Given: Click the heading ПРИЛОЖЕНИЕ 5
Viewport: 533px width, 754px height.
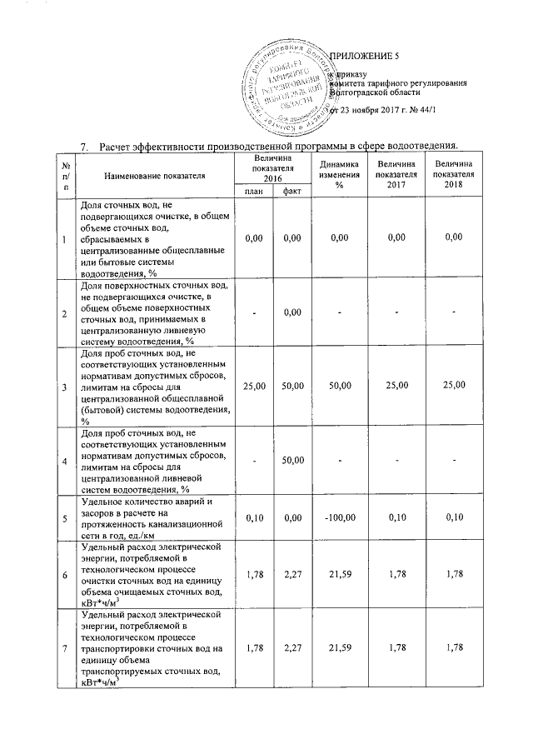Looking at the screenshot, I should click(x=366, y=56).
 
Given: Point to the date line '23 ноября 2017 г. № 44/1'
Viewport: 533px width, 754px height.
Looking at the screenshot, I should click(x=384, y=110).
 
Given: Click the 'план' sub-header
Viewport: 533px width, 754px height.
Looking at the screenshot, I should click(x=252, y=192).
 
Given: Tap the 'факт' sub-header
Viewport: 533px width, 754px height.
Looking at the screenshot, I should click(x=291, y=192).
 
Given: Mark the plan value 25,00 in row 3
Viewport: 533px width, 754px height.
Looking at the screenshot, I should click(x=253, y=386).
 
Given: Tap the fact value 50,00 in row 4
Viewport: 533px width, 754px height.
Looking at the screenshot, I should click(x=291, y=461).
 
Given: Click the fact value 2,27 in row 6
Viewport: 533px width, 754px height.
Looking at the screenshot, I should click(x=291, y=572).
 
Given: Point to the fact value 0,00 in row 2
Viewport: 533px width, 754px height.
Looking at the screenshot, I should click(x=291, y=312).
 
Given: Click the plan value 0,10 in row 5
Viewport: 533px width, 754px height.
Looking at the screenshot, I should click(x=253, y=519).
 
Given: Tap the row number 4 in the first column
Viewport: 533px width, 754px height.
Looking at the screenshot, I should click(x=65, y=461).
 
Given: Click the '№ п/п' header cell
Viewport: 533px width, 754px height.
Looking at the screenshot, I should click(x=65, y=175).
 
